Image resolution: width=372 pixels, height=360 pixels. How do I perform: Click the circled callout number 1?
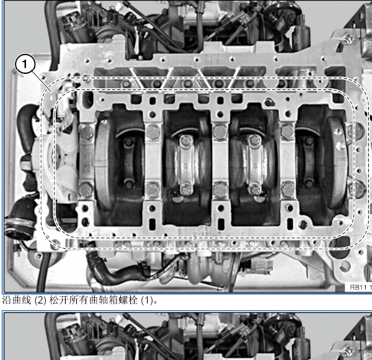tap(25, 64)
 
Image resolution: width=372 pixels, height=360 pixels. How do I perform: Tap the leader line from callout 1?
tap(42, 81)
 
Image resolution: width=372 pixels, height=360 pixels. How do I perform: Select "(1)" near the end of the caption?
tap(147, 300)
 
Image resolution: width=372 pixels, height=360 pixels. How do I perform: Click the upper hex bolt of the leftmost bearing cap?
tap(86, 132)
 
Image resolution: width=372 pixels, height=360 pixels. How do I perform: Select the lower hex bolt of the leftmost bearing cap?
tap(86, 190)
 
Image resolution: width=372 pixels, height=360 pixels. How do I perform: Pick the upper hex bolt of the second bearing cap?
tap(153, 132)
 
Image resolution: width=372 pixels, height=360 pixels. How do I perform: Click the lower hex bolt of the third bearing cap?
tap(220, 190)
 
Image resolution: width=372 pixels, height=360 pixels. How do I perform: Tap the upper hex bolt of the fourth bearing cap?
tap(288, 132)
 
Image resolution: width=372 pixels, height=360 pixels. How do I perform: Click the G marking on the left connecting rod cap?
tap(185, 166)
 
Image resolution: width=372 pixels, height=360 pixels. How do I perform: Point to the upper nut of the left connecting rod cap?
tap(186, 140)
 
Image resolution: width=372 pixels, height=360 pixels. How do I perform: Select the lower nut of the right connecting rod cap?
tap(254, 189)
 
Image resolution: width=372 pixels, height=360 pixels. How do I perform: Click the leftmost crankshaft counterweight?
tap(102, 166)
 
